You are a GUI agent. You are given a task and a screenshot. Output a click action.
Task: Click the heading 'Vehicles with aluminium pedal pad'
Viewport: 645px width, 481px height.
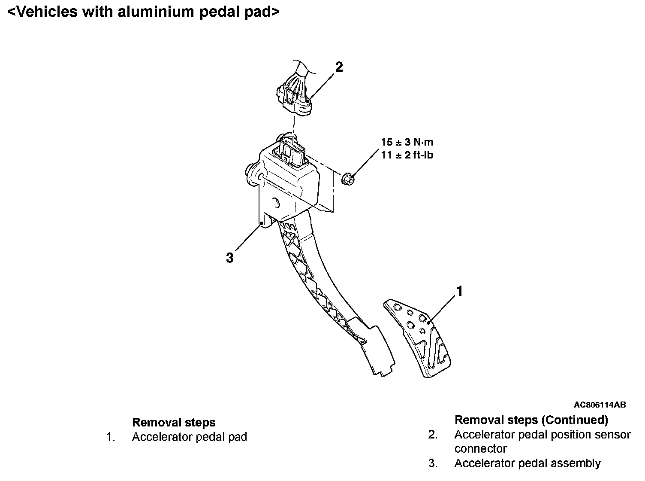143,12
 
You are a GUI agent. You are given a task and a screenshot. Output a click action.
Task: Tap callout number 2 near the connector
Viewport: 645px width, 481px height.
339,67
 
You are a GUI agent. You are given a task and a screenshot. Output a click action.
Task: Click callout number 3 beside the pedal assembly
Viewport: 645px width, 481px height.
230,258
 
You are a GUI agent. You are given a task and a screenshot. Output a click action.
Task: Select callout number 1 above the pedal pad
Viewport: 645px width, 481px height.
459,292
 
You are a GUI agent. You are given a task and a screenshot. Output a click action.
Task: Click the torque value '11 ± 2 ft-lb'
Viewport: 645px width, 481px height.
407,155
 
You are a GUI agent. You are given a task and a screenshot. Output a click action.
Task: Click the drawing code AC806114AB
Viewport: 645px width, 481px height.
600,405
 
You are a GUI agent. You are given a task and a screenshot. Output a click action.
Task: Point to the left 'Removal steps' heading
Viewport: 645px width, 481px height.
174,423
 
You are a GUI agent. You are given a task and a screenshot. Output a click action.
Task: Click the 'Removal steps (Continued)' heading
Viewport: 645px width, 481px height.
531,420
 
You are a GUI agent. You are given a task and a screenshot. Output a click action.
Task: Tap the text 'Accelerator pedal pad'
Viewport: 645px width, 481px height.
189,437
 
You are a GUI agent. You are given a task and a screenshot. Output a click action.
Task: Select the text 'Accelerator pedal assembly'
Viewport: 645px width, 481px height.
527,463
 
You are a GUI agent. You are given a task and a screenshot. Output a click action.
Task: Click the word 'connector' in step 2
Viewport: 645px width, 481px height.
480,449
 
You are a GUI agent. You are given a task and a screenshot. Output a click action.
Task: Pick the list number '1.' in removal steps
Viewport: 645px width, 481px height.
111,437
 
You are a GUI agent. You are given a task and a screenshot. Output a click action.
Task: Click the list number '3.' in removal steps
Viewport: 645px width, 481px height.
433,463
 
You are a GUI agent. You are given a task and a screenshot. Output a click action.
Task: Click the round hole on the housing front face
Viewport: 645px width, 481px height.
275,202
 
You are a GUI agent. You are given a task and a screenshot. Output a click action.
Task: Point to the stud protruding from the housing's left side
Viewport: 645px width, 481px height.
250,174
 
